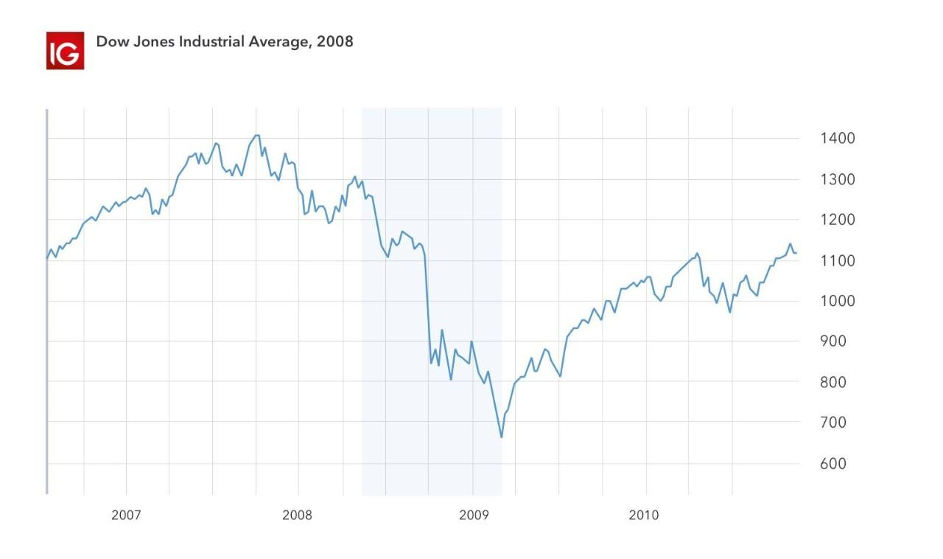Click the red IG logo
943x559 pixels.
coord(65,51)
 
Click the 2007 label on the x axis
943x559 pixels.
coord(126,515)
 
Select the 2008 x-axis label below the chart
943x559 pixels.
coord(297,515)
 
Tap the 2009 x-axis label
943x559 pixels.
coord(473,515)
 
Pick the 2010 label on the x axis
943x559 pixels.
coord(643,515)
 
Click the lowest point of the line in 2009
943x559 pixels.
coord(502,437)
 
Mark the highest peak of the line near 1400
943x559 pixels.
coord(256,135)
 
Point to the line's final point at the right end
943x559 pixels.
coord(796,253)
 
